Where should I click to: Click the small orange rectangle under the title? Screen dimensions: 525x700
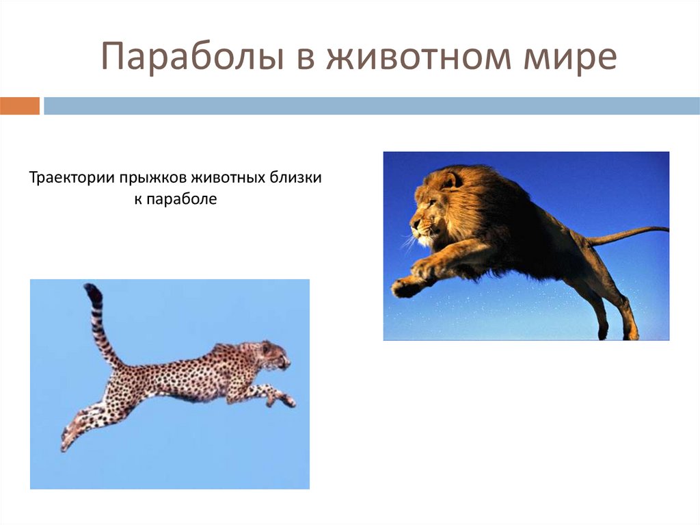point(20,106)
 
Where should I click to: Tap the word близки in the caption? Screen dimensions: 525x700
point(295,179)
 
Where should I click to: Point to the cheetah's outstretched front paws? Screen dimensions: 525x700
point(286,400)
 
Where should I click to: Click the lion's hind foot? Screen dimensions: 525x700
point(630,332)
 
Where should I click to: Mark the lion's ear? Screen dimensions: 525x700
point(450,180)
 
